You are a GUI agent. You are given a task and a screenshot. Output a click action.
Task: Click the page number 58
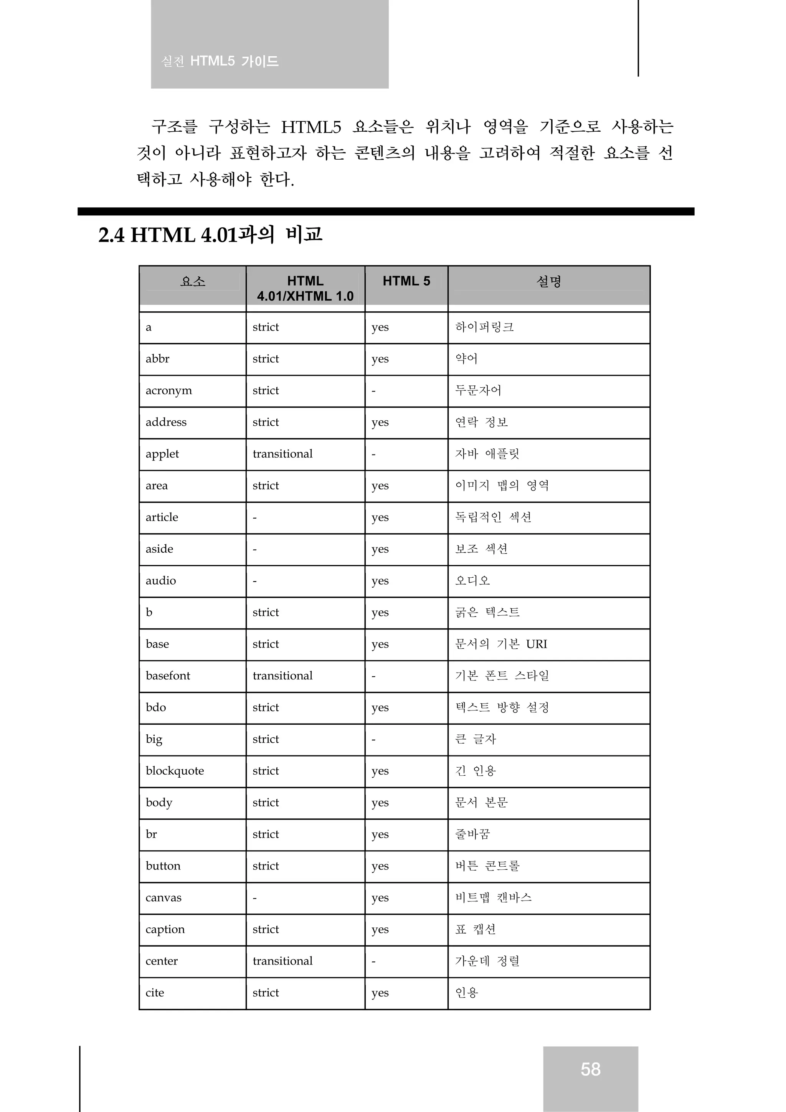590,1069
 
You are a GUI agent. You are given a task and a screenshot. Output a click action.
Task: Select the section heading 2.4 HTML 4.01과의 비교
210,235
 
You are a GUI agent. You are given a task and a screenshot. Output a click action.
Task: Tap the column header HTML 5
406,281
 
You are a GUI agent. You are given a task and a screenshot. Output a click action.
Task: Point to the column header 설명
549,281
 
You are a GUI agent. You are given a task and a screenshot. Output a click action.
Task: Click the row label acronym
168,390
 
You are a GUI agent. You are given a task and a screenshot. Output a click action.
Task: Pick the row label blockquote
175,770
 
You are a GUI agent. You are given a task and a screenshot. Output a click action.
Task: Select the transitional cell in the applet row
282,454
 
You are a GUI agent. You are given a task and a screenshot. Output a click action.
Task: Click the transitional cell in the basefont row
282,676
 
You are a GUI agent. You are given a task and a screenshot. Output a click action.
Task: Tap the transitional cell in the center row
282,961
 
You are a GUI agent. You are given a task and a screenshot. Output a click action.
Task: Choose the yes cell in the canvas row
380,898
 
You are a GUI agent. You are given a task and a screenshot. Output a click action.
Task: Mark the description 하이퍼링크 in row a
484,327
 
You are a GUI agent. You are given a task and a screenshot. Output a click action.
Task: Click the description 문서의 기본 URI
501,644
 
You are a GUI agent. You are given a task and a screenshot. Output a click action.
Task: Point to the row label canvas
164,897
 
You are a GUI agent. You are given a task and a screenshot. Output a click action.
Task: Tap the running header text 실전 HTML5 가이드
220,61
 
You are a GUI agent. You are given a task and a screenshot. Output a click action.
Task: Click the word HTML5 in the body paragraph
311,127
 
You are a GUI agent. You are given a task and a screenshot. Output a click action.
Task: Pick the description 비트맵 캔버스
493,897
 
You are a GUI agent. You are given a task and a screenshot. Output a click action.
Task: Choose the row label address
166,422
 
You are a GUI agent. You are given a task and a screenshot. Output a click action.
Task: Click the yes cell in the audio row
380,581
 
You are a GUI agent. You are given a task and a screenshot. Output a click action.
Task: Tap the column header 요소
193,281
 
